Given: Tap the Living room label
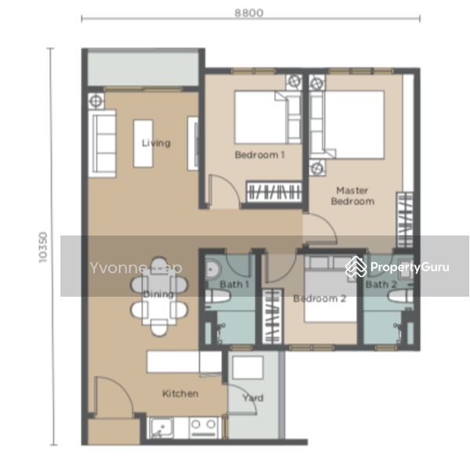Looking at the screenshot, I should tap(156, 143).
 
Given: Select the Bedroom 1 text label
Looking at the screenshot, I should tap(260, 155).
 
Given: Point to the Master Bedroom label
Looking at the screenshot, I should tap(352, 195).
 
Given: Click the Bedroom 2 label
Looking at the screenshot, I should tap(319, 298).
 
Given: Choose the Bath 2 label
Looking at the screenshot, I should tap(381, 284).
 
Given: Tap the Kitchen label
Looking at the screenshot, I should tap(180, 393).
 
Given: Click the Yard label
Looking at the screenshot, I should tap(253, 398).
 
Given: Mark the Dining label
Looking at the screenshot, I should tap(158, 294).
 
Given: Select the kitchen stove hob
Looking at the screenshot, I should tap(204, 429).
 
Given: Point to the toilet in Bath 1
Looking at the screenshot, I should tap(217, 298).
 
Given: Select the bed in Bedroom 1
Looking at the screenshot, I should tap(263, 118).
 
